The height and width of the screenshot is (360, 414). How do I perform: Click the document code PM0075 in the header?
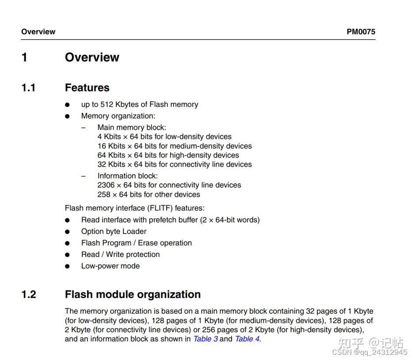point(361,32)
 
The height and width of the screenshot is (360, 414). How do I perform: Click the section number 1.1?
point(28,88)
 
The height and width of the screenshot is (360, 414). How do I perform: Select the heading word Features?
point(87,88)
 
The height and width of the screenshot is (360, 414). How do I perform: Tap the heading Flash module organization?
point(133,295)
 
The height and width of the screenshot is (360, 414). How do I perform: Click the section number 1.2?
point(29,295)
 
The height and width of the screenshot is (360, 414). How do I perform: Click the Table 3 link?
point(205,339)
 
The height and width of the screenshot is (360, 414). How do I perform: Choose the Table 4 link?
point(247,339)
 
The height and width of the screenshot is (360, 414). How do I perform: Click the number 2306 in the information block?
point(106,185)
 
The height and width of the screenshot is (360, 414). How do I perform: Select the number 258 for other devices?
point(104,194)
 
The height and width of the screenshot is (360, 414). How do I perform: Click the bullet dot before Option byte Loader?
point(67,232)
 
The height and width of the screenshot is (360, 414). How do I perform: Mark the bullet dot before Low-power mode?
point(67,266)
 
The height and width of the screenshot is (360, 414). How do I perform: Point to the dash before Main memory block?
point(83,127)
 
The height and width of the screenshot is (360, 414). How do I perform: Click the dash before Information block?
point(83,176)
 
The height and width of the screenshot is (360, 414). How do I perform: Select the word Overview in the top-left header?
point(38,32)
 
